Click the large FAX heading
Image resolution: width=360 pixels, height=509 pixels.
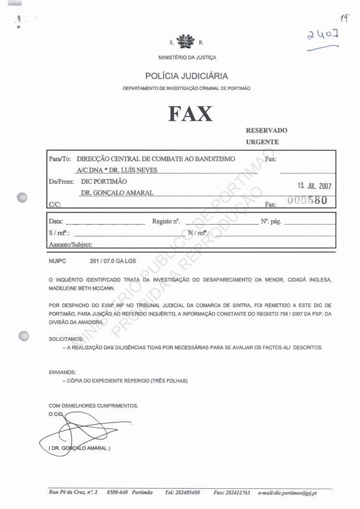[x=190, y=114]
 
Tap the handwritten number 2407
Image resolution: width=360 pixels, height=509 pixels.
[x=324, y=35]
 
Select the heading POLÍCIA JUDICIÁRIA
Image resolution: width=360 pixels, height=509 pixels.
[x=187, y=76]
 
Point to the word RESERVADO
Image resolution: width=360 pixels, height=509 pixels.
[x=266, y=131]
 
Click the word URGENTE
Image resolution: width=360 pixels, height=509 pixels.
[x=262, y=142]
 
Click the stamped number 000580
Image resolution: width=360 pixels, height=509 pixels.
[x=307, y=201]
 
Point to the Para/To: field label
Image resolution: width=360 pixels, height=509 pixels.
[x=60, y=159]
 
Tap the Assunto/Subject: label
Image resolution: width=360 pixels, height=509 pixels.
[x=71, y=244]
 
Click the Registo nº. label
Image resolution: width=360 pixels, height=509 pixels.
[x=166, y=222]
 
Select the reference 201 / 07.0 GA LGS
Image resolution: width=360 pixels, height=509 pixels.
[x=113, y=262]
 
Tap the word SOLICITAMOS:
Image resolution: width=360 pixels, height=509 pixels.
[x=66, y=339]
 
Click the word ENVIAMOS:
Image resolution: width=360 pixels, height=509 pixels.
[x=62, y=372]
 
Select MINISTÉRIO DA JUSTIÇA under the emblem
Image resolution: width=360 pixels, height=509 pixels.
[x=187, y=58]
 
